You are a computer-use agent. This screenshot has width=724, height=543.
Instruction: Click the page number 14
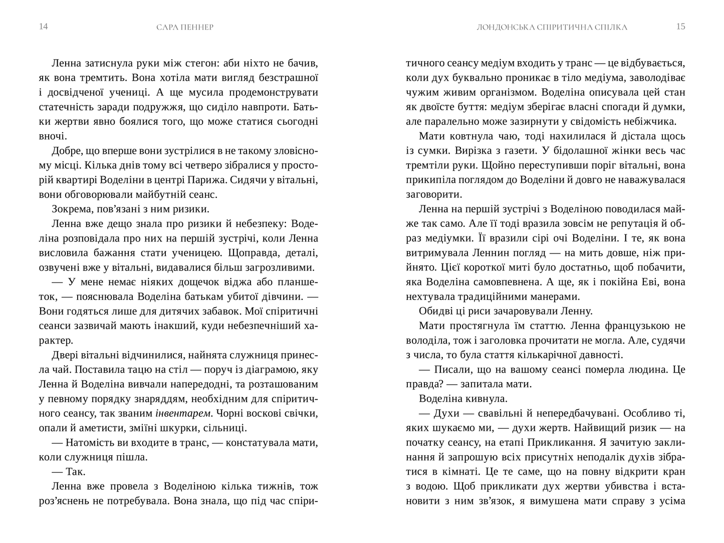point(43,27)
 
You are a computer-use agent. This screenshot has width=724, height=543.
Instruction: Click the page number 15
point(680,27)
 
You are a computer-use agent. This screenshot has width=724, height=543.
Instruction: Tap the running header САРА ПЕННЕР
point(185,27)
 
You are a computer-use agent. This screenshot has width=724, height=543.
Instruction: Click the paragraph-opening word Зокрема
point(71,209)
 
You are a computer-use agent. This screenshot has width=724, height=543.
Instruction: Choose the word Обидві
point(436,311)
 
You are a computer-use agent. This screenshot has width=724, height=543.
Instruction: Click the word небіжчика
point(650,121)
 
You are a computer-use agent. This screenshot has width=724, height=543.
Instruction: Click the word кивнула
point(486,399)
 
